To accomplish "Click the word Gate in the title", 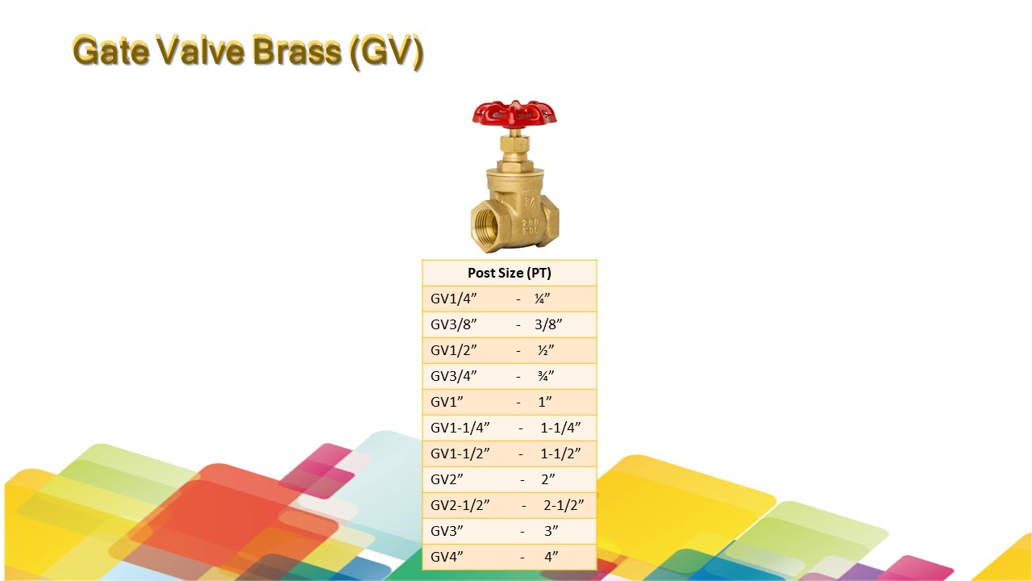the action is click(x=111, y=50).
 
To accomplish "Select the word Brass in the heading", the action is click(x=298, y=50).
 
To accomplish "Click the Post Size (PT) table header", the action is click(x=510, y=273).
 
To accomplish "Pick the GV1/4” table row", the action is click(x=510, y=299).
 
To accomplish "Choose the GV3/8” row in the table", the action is click(x=510, y=324).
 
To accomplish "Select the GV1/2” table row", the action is click(x=510, y=350).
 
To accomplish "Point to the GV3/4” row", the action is click(x=510, y=376).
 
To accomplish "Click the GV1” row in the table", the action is click(x=510, y=402).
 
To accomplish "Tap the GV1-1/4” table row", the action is click(x=510, y=428).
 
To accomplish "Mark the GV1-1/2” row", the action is click(x=510, y=454).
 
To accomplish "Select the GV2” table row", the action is click(x=510, y=479).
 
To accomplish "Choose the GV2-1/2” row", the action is click(x=510, y=505).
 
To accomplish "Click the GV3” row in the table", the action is click(x=510, y=531).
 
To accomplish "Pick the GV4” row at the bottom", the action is click(x=510, y=557).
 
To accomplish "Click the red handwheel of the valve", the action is click(x=514, y=114).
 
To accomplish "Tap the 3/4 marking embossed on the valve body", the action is click(x=531, y=202).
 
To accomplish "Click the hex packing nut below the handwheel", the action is click(x=514, y=144).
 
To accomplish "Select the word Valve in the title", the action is click(x=201, y=50).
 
